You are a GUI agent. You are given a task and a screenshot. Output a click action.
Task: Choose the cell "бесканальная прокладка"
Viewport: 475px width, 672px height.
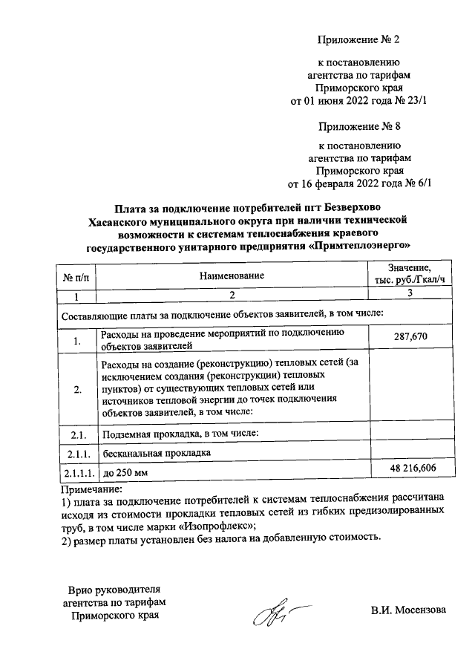pos(157,452)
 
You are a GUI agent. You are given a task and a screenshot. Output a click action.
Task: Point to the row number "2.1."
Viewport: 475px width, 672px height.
pos(76,434)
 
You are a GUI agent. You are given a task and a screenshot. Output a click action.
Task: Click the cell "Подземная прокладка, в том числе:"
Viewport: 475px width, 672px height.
pos(180,434)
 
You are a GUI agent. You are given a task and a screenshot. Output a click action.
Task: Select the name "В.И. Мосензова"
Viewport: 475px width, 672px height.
pos(409,610)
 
